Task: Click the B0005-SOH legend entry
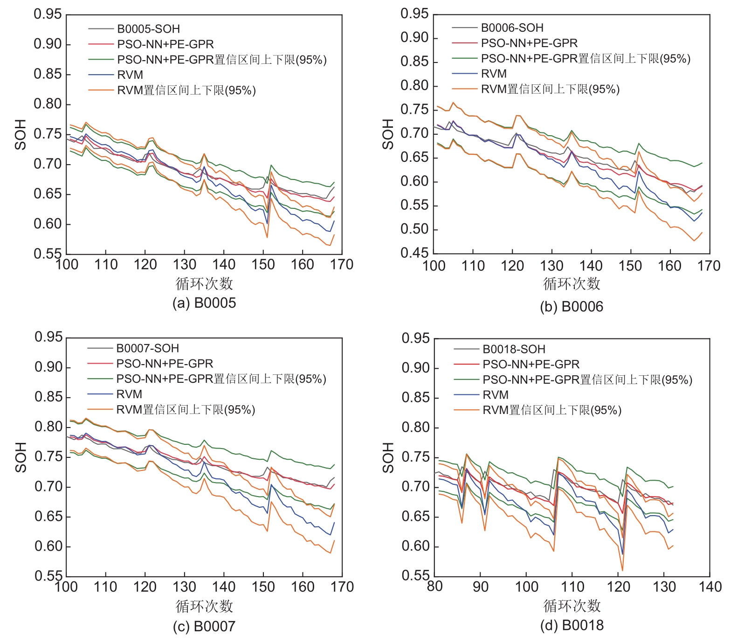[x=148, y=29]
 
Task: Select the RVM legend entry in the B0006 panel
[x=494, y=74]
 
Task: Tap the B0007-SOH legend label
[x=147, y=348]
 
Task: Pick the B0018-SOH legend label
[x=514, y=349]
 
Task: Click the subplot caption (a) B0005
[x=204, y=303]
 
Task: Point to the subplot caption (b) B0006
[x=572, y=307]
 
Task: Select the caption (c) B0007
[x=204, y=626]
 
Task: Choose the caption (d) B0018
[x=572, y=625]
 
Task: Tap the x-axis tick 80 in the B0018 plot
[x=434, y=587]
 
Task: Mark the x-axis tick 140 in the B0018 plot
[x=710, y=587]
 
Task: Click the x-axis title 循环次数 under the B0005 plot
[x=204, y=283]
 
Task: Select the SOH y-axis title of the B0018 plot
[x=388, y=457]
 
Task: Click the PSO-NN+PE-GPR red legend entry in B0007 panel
[x=165, y=364]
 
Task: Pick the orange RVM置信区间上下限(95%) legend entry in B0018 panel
[x=552, y=410]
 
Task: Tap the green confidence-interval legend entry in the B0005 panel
[x=222, y=60]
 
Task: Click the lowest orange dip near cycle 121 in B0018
[x=622, y=570]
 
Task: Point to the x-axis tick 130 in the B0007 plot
[x=184, y=587]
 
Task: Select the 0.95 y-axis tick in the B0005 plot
[x=48, y=14]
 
